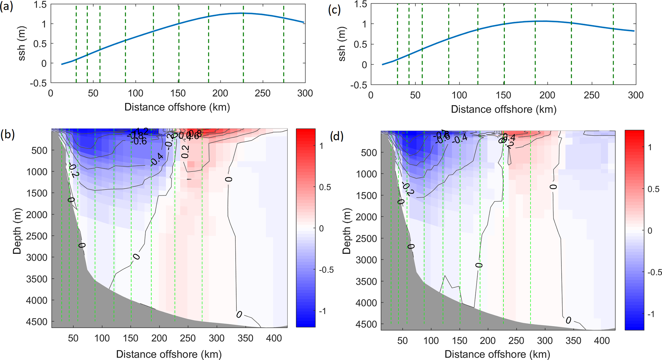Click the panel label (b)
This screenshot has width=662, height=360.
[x=7, y=135]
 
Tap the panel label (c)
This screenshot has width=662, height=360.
[x=334, y=10]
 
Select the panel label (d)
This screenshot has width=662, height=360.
[x=337, y=136]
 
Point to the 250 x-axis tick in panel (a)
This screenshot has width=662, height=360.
[x=263, y=93]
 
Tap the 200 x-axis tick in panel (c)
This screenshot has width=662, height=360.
[x=547, y=95]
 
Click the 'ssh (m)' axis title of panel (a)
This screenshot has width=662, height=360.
[x=21, y=44]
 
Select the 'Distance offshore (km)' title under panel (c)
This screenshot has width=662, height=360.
[x=503, y=109]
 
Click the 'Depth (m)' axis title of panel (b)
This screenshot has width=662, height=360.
[x=17, y=231]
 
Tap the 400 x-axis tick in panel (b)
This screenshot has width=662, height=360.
[x=274, y=338]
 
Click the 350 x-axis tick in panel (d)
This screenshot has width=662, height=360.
[x=573, y=340]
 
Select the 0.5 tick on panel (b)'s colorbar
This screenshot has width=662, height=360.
[x=325, y=187]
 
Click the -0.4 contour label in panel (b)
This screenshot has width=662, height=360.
[x=157, y=160]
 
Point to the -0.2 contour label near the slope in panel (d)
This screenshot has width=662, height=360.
[x=408, y=189]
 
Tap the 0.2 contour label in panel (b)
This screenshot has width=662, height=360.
[x=185, y=151]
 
